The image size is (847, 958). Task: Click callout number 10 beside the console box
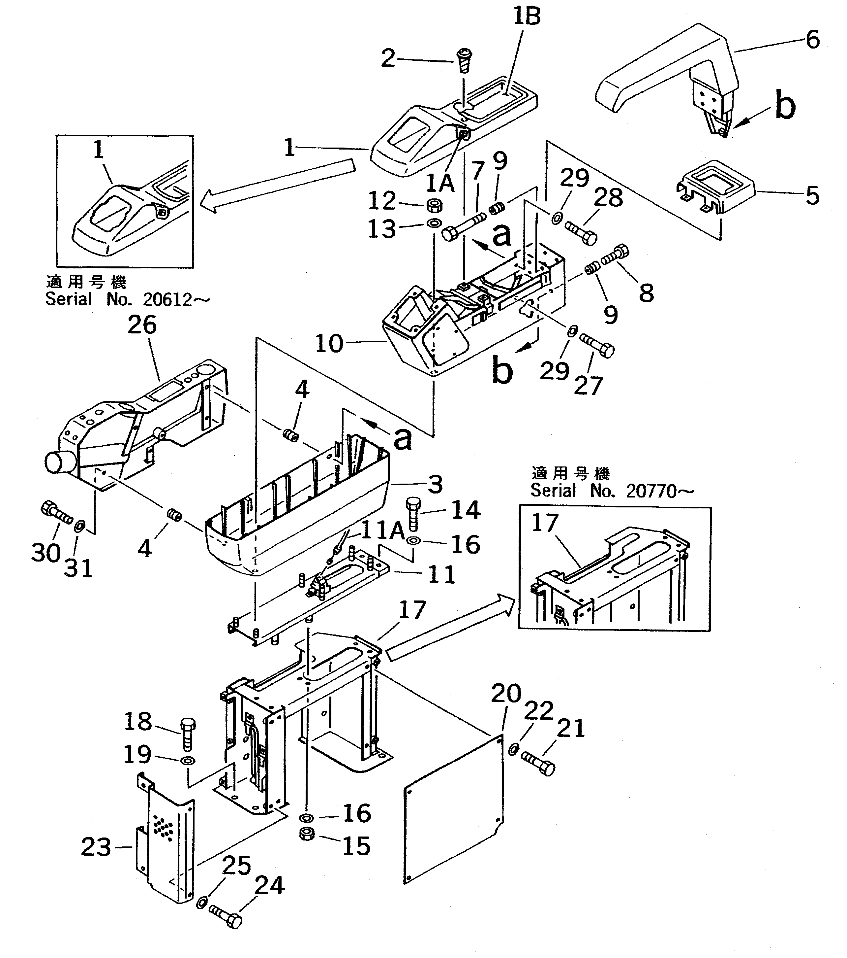tap(329, 344)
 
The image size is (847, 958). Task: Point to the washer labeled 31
tap(79, 525)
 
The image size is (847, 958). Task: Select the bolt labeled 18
tap(187, 735)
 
